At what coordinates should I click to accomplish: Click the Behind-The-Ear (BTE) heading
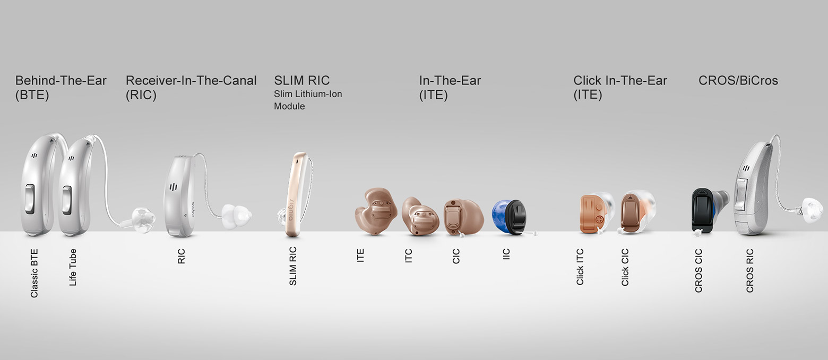pos(61,88)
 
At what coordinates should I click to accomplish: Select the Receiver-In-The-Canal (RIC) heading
pos(191,88)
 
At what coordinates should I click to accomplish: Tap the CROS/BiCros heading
pos(738,81)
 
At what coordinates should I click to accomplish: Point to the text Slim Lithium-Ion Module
pos(308,100)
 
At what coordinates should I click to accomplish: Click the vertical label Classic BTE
pos(34,273)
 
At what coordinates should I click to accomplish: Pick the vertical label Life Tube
pos(73,267)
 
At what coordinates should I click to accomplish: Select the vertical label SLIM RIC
pos(293,266)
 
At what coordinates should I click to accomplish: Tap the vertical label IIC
pos(506,254)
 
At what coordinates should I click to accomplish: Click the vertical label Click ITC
pos(580,267)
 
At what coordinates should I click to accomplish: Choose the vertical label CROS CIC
pos(698,271)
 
